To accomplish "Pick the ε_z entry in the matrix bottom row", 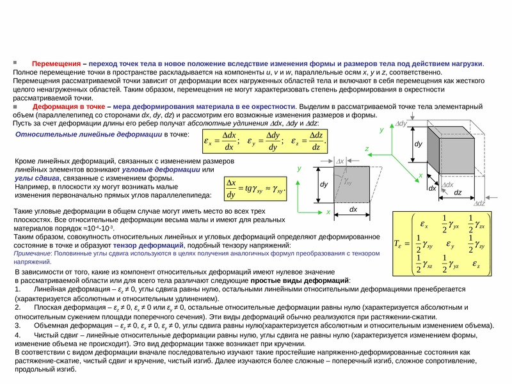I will (x=478, y=264).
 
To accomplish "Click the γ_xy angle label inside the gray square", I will (x=349, y=181).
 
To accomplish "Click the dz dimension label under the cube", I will (x=458, y=192).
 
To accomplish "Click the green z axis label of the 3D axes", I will (x=367, y=148).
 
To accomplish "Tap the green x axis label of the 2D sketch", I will (x=328, y=211).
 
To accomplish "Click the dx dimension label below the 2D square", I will (x=353, y=210).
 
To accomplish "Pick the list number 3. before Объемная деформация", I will (x=18, y=325).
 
